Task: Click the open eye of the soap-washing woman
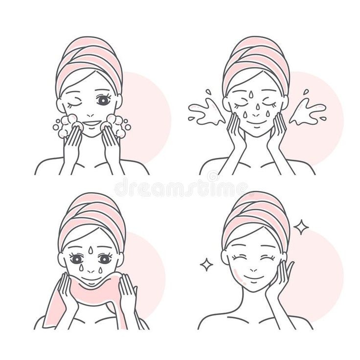pyautogui.click(x=102, y=100)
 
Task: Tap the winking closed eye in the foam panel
pyautogui.click(x=75, y=101)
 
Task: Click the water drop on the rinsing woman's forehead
pyautogui.click(x=251, y=94)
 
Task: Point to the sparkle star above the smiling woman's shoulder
pyautogui.click(x=301, y=227)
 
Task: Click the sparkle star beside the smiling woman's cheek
pyautogui.click(x=206, y=265)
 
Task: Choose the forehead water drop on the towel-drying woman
pyautogui.click(x=91, y=249)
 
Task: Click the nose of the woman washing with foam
pyautogui.click(x=90, y=116)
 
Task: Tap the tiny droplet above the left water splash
pyautogui.click(x=208, y=91)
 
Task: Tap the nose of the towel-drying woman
pyautogui.click(x=90, y=271)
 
